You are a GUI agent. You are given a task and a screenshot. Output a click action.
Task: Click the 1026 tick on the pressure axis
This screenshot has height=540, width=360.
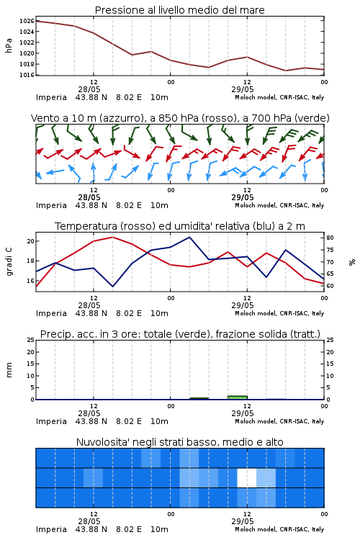pos(27,21)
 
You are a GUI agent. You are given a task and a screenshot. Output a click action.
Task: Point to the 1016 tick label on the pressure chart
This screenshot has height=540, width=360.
pos(27,75)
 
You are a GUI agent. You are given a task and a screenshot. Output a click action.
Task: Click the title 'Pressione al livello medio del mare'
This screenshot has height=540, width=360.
pos(179,10)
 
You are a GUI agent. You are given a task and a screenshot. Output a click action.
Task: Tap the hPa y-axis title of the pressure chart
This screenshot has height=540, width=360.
pos(9,45)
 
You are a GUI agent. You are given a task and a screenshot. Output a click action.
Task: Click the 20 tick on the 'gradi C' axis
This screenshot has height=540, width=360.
pos(30,241)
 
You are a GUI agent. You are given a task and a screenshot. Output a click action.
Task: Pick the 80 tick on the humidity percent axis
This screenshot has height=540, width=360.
pos(330,238)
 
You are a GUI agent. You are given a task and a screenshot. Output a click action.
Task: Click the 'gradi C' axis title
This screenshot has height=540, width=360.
pos(9,261)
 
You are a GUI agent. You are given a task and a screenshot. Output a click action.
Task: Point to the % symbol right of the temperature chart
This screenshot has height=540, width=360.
pos(351,262)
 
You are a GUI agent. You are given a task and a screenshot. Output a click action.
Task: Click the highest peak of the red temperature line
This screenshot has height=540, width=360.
pos(112,237)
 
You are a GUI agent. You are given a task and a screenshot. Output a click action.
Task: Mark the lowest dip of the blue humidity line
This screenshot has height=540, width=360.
pos(112,286)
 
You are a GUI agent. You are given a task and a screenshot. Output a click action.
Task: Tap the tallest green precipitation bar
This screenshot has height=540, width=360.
pos(238,397)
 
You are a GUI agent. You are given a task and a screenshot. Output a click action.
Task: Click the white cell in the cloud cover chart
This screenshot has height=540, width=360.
pos(247,477)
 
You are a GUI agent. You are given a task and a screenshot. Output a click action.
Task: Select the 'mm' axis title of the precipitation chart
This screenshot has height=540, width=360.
pos(9,370)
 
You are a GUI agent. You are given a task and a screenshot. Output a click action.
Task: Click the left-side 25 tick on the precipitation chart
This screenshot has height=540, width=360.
pos(30,340)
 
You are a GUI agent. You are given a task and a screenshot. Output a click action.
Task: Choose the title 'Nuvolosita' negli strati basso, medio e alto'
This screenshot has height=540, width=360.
pos(179,442)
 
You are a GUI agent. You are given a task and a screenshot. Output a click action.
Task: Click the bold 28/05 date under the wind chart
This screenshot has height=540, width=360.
pos(89,197)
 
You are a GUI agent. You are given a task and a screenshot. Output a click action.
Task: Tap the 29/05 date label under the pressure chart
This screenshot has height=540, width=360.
pos(243,89)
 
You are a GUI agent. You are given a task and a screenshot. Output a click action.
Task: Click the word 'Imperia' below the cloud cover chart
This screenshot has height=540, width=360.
pos(51,529)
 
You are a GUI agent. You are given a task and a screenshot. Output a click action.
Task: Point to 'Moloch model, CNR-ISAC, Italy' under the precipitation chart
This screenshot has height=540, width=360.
pos(279,421)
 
